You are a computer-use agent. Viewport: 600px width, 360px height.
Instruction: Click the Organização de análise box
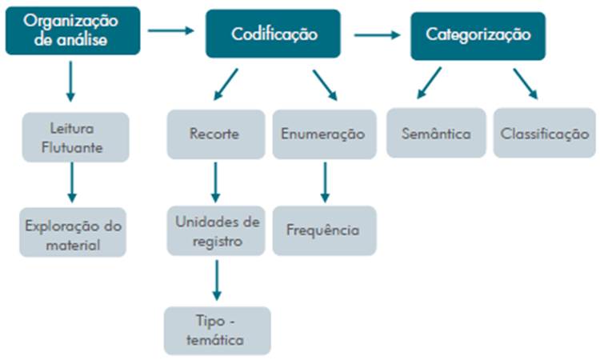[72, 31]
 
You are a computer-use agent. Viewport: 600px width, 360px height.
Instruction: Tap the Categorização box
[478, 34]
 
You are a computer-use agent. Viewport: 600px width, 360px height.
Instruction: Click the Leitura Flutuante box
[74, 137]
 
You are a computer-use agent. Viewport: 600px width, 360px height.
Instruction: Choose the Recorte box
[214, 134]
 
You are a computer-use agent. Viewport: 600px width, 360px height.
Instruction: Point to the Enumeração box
[323, 134]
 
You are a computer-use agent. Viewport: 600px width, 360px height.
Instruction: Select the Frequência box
[323, 230]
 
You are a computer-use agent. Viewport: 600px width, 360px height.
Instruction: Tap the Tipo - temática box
[217, 330]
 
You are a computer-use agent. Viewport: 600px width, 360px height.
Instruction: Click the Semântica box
[435, 134]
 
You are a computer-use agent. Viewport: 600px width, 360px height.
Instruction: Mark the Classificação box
[544, 134]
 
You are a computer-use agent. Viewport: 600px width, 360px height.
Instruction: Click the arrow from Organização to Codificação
[171, 30]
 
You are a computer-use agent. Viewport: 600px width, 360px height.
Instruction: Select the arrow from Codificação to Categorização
[376, 34]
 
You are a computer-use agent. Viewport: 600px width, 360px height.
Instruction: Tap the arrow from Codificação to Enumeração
[324, 84]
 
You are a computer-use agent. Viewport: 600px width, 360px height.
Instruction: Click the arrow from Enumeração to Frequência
[324, 182]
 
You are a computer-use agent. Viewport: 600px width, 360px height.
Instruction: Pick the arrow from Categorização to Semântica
[429, 82]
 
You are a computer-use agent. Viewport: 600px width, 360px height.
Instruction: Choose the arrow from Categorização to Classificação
[525, 82]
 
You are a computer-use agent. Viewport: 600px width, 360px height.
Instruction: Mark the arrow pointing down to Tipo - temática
[215, 280]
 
